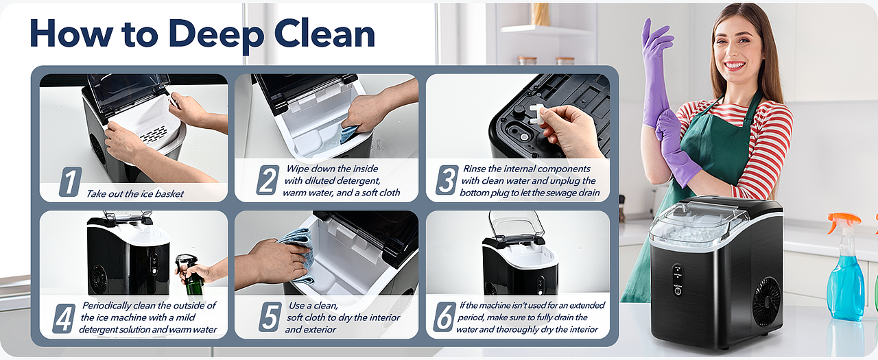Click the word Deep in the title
(216, 35)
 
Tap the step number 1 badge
(71, 181)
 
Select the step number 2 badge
(268, 180)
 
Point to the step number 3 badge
(447, 180)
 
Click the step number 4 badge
(64, 318)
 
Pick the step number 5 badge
(270, 317)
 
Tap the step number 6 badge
(445, 317)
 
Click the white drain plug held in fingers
(537, 114)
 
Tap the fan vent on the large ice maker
(766, 302)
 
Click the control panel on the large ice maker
(677, 280)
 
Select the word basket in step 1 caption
(169, 194)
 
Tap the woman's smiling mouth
(734, 65)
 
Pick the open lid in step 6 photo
(517, 226)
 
